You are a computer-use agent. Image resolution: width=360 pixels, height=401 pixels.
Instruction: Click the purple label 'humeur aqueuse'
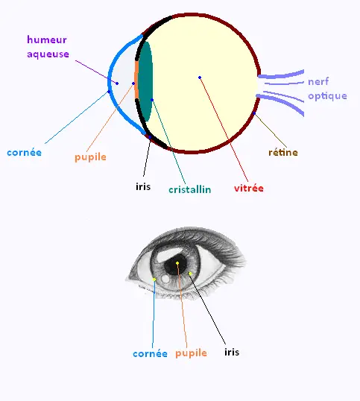tap(48, 47)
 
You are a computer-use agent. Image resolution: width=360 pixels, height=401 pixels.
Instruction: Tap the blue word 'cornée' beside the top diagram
tap(25, 153)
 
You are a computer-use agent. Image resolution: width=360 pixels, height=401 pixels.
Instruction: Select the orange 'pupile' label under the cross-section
tap(90, 157)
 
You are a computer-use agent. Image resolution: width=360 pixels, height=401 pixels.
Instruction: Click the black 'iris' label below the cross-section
tap(143, 186)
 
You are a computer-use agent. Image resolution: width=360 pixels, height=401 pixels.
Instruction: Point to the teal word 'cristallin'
tap(190, 189)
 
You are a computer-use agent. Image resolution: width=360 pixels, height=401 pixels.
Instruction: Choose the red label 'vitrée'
tap(249, 189)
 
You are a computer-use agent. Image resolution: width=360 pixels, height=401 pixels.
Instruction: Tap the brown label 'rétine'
tap(283, 152)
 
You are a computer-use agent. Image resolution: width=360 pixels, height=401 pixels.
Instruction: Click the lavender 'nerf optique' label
tap(327, 89)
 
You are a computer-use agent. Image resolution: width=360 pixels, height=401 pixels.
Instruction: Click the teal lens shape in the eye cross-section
tap(145, 81)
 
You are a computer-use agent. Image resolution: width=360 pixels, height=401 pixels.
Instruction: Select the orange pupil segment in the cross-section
tap(136, 80)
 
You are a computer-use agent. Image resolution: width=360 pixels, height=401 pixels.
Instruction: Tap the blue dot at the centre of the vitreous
tap(200, 78)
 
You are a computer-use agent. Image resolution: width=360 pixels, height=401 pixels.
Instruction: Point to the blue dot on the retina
tap(254, 113)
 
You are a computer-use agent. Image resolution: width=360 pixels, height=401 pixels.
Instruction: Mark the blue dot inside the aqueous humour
tap(117, 83)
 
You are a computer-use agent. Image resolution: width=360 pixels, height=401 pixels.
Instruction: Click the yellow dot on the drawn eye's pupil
tap(177, 263)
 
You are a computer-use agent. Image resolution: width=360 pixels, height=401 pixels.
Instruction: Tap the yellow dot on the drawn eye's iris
tap(190, 274)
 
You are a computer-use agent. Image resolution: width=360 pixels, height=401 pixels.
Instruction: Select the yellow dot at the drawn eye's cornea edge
tap(154, 280)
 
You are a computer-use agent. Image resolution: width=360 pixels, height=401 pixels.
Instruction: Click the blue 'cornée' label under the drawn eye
tap(150, 354)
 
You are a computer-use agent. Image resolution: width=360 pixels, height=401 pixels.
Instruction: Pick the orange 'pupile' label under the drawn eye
tap(191, 353)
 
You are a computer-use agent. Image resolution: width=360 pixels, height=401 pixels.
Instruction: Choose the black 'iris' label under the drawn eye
tap(232, 352)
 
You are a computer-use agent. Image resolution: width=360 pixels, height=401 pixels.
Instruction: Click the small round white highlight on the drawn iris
tap(166, 279)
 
